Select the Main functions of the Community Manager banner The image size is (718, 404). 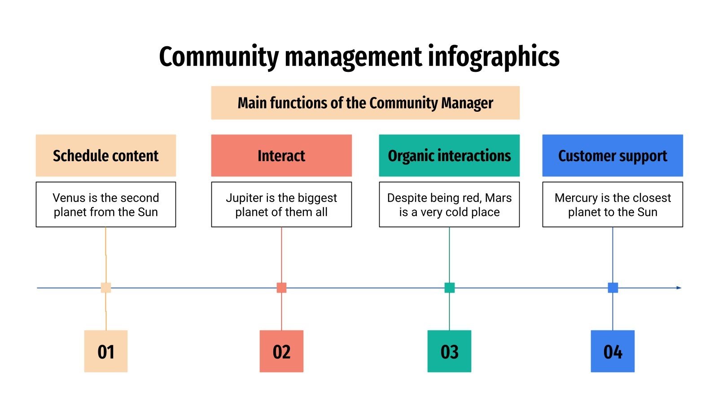(x=365, y=103)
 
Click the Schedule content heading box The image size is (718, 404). (x=106, y=155)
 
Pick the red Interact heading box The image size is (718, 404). (x=281, y=155)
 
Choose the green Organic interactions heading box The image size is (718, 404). (x=449, y=155)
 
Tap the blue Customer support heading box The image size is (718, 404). (x=613, y=155)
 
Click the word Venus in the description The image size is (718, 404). (x=69, y=198)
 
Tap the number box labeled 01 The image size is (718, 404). (x=106, y=351)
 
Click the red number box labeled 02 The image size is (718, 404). (x=281, y=351)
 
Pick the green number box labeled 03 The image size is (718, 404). (x=449, y=351)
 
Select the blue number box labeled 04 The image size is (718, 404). (x=613, y=351)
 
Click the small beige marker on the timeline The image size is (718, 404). (x=106, y=288)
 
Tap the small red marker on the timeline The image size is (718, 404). (x=281, y=288)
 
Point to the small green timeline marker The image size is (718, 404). (x=449, y=288)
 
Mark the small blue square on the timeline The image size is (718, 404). (x=613, y=288)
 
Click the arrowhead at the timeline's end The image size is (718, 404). (x=679, y=288)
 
